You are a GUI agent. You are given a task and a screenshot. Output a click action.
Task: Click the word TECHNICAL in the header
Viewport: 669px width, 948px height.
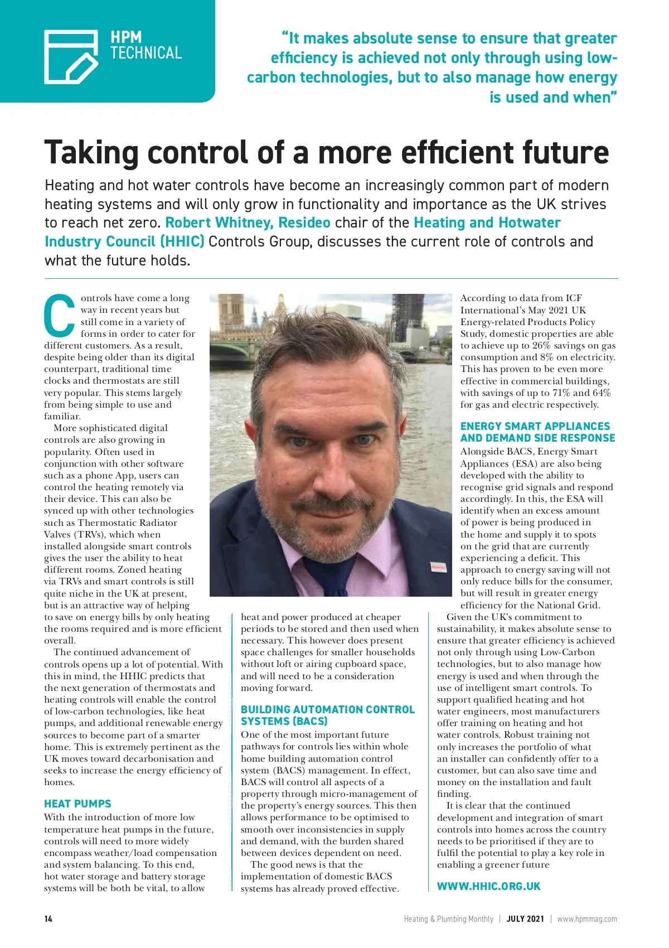pyautogui.click(x=146, y=54)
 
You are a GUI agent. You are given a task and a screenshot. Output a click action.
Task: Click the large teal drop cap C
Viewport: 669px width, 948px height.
pyautogui.click(x=60, y=315)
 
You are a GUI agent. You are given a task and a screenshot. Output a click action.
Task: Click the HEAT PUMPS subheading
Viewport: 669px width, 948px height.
pyautogui.click(x=77, y=804)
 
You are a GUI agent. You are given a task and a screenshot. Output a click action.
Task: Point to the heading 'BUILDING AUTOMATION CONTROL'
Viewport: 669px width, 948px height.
pyautogui.click(x=328, y=709)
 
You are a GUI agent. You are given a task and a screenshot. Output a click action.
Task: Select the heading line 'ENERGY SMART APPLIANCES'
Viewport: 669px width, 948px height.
pyautogui.click(x=535, y=426)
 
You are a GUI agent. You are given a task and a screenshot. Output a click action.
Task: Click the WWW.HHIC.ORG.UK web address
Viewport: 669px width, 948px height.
pyautogui.click(x=488, y=886)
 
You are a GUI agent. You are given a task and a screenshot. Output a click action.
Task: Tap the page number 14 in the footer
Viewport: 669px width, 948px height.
pyautogui.click(x=49, y=919)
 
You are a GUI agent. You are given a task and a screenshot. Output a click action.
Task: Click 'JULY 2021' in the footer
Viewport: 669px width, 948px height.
pyautogui.click(x=525, y=919)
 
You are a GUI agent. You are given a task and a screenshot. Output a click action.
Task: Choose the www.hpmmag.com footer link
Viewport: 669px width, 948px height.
pyautogui.click(x=587, y=919)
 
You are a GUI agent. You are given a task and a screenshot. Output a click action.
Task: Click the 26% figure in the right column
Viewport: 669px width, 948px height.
pyautogui.click(x=541, y=346)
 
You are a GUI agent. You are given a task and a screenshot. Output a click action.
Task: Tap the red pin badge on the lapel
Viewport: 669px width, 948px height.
pyautogui.click(x=439, y=568)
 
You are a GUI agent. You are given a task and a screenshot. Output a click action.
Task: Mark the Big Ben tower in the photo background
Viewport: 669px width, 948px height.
pyautogui.click(x=230, y=318)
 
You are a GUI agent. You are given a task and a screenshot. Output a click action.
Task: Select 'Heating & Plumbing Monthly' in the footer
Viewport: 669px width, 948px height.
pyautogui.click(x=448, y=919)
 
